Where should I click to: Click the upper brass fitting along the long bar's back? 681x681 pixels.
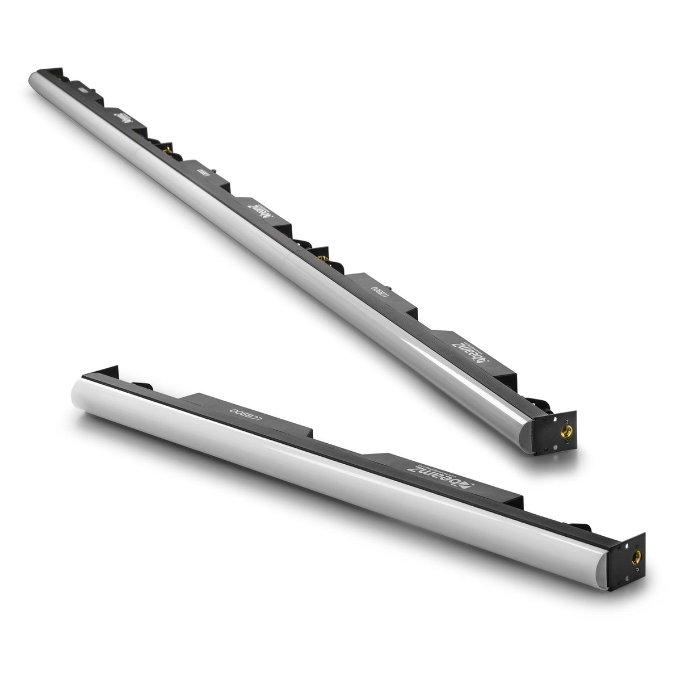coord(168,146)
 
